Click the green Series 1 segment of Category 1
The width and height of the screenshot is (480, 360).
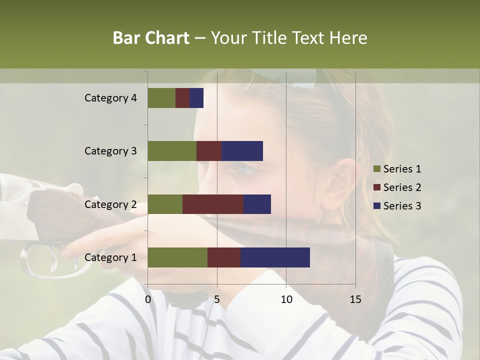[177, 257]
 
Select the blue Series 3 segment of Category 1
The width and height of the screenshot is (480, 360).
[275, 257]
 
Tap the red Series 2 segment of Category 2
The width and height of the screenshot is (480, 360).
[212, 204]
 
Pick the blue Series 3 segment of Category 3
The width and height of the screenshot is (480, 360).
[242, 151]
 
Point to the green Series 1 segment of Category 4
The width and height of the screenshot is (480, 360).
[161, 98]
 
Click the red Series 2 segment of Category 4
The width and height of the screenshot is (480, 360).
[182, 98]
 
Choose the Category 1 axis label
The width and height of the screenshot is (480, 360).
[110, 257]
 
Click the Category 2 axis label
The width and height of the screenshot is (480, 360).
[110, 204]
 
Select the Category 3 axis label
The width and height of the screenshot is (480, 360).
[110, 151]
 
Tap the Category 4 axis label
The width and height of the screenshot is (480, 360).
[110, 98]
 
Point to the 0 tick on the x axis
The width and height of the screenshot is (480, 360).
[148, 299]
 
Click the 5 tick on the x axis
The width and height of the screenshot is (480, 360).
[217, 299]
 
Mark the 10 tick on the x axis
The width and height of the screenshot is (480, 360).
[286, 299]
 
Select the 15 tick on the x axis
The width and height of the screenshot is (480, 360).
[355, 299]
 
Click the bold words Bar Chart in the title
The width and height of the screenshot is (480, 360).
[151, 38]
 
